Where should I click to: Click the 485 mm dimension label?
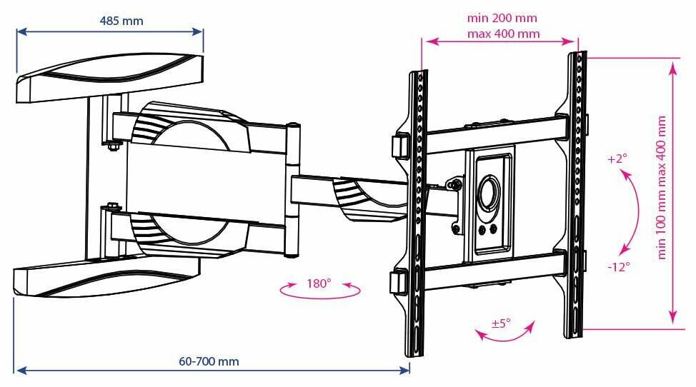(121, 21)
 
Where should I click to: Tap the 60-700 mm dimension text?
(209, 361)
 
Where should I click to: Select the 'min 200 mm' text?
(502, 18)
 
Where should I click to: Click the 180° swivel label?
(319, 283)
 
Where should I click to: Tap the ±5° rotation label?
(501, 323)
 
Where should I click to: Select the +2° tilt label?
(616, 159)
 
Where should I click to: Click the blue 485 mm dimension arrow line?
(110, 31)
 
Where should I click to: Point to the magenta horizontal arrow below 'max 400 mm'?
(501, 42)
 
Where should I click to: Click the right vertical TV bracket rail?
(576, 193)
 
